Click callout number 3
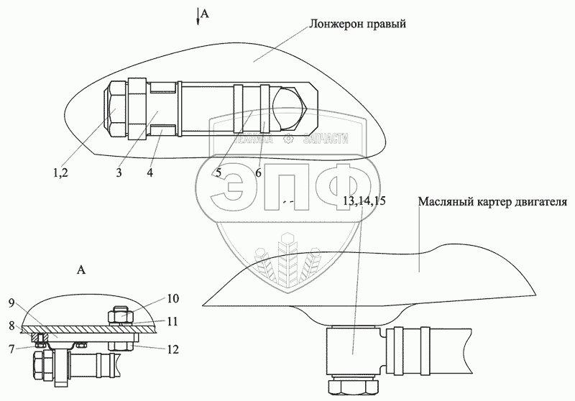pos(119,172)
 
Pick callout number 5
pos(216,173)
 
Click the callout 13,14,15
pos(364,202)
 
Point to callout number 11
pos(174,321)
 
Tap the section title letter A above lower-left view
pos(81,271)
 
